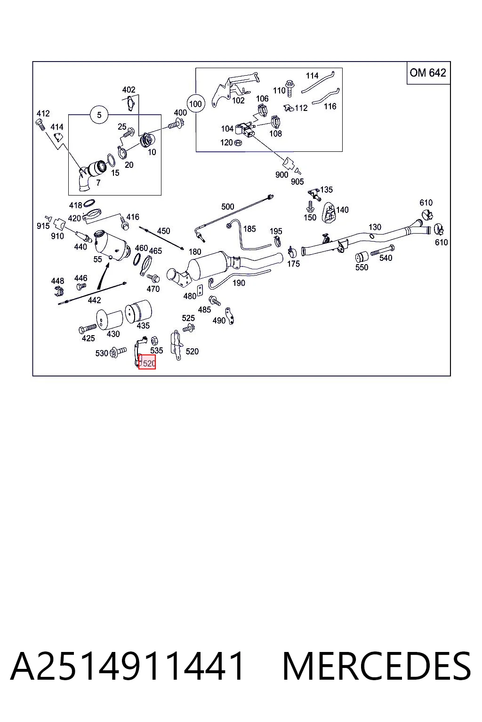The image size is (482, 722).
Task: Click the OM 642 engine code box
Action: pos(428,73)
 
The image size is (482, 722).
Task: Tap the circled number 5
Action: pos(99,115)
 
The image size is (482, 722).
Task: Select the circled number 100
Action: pos(195,104)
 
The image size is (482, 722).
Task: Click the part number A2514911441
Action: pos(127,666)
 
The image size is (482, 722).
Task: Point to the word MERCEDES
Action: pos(377,666)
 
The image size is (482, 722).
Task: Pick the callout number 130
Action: pos(375,227)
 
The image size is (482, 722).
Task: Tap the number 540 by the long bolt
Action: pos(386,258)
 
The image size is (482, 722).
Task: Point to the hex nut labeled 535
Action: pos(154,340)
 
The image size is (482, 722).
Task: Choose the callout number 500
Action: pos(228,207)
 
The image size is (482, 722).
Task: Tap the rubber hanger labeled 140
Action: pos(329,212)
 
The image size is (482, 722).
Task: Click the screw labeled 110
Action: pos(289,88)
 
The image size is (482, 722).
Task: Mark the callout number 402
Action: pos(129,90)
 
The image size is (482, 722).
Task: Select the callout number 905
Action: pos(297,182)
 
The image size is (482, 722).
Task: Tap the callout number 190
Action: pos(239,283)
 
